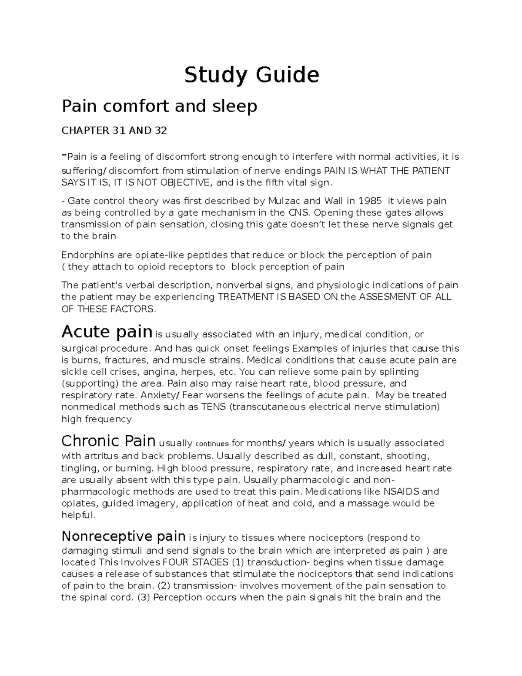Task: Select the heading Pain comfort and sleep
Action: click(159, 106)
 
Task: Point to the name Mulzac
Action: click(285, 201)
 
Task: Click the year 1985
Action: click(370, 201)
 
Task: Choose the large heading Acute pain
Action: click(107, 332)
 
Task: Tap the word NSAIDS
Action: click(400, 491)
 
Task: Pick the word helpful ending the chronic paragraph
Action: click(77, 515)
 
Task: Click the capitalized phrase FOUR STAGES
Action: click(197, 562)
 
